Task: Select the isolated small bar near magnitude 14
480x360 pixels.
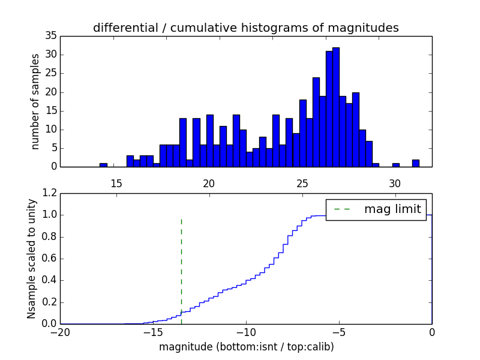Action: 103,164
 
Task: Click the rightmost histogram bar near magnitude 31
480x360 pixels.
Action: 415,163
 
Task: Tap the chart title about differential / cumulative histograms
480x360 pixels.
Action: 246,28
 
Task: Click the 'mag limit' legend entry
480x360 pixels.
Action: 376,209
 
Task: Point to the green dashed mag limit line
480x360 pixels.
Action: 181,270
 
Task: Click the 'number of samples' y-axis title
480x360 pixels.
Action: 35,101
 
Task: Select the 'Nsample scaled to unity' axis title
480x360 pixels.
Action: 31,259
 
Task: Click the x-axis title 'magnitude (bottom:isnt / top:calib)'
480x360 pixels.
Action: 246,347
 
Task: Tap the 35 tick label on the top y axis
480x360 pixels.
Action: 50,36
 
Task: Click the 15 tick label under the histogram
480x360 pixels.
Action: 116,182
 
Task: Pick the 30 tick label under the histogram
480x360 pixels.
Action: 395,182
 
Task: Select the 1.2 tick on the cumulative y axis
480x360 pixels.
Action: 50,193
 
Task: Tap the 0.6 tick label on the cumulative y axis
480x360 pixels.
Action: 50,259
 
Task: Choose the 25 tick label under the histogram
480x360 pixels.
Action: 302,182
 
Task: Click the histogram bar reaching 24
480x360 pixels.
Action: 316,122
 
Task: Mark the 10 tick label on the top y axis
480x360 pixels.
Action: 50,130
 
